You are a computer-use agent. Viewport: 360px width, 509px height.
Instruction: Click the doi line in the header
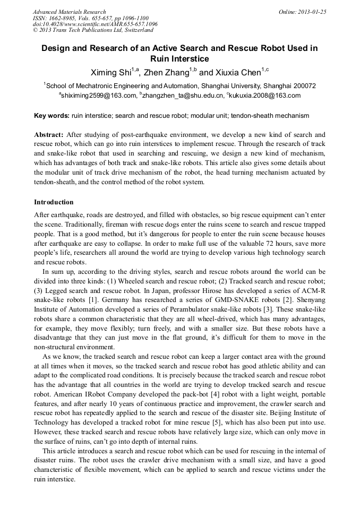tap(95, 24)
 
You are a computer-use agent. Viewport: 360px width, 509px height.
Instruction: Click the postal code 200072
tap(303, 85)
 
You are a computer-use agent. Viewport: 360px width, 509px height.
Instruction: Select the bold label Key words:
tap(52, 115)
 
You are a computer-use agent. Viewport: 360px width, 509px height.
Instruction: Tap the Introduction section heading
tap(54, 202)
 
